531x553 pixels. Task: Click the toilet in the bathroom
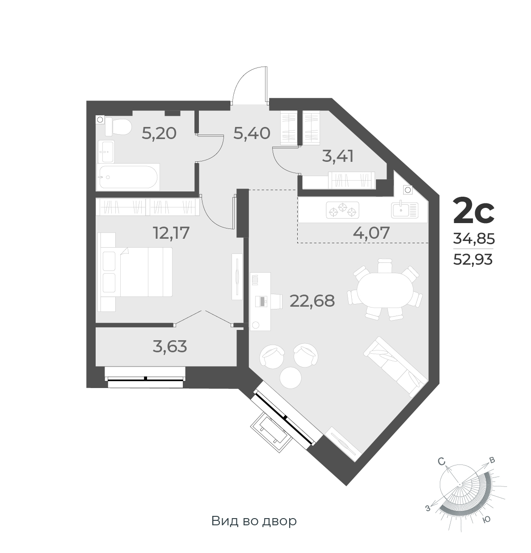click(x=118, y=127)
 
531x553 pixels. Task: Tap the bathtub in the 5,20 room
click(x=127, y=177)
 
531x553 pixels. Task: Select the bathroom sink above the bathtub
click(x=106, y=152)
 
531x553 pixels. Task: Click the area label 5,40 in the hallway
click(x=252, y=133)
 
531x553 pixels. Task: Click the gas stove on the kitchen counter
click(x=343, y=210)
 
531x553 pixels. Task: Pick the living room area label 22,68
click(x=312, y=300)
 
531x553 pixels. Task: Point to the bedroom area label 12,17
click(x=171, y=232)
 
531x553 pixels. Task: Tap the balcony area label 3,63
click(x=170, y=346)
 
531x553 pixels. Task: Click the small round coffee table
click(x=291, y=376)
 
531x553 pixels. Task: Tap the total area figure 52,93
click(x=473, y=259)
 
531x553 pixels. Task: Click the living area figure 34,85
click(x=473, y=239)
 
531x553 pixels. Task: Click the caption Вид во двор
click(x=254, y=521)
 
